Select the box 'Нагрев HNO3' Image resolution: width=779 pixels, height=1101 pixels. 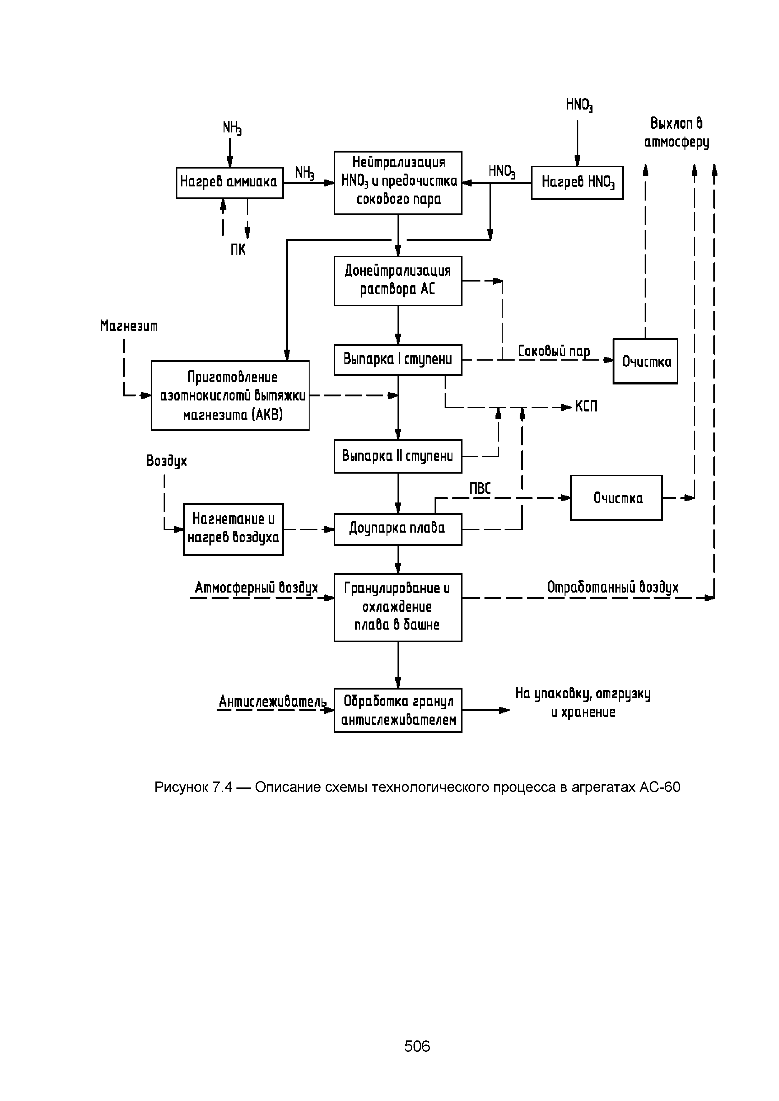point(577,183)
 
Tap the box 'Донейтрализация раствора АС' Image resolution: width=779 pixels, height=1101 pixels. point(398,281)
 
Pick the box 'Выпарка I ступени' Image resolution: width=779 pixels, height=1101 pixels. point(398,360)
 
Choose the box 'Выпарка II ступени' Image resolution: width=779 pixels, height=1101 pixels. point(398,456)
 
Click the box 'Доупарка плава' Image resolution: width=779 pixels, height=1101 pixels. point(398,529)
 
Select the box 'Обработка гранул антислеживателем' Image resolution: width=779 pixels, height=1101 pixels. point(398,710)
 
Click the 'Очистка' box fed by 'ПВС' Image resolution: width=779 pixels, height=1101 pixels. point(616,498)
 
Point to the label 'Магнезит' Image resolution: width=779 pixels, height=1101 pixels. point(128,326)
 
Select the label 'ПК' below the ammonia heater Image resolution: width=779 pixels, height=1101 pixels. point(238,250)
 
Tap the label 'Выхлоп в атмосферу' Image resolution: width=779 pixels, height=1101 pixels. point(676,133)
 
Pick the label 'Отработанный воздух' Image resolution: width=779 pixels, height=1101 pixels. point(613,588)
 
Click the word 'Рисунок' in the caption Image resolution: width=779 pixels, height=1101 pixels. point(181,787)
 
